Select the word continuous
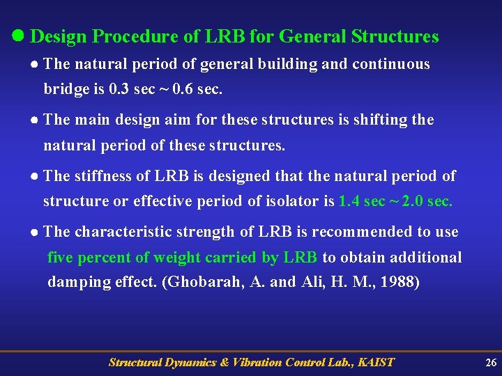[x=391, y=65]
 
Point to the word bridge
[x=67, y=90]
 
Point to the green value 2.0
[x=411, y=202]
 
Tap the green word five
[x=61, y=258]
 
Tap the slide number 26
[x=491, y=362]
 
